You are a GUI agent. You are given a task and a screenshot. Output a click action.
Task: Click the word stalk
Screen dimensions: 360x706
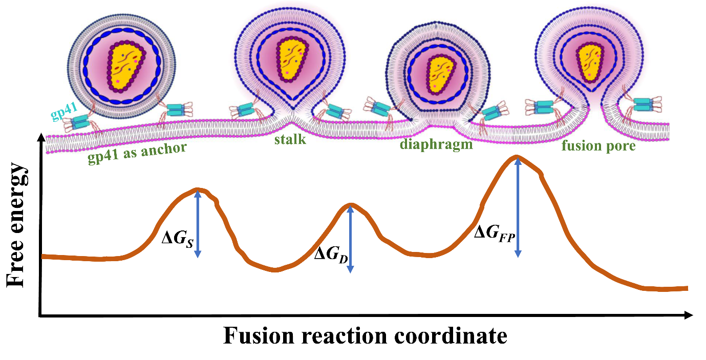point(290,139)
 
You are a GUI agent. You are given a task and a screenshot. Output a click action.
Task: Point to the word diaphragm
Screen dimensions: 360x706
point(436,145)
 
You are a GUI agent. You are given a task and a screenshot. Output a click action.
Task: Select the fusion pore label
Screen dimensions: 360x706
point(598,145)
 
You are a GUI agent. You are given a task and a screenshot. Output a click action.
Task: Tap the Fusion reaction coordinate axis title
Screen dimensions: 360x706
point(365,336)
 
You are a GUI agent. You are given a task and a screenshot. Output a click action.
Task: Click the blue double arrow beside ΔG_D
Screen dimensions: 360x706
point(350,238)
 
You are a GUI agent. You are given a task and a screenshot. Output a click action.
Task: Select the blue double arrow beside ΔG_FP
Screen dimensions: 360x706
point(518,207)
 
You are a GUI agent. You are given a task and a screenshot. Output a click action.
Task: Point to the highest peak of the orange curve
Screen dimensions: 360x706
point(517,157)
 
